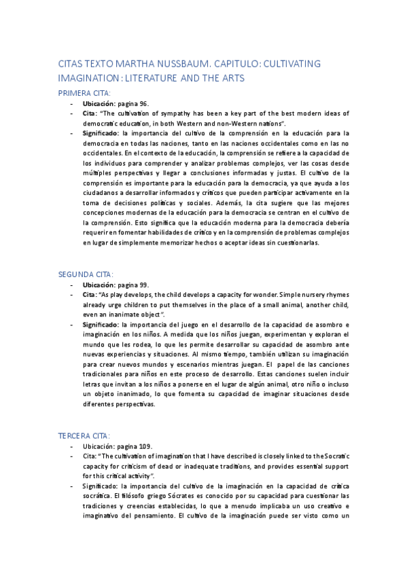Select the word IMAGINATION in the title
88,79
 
